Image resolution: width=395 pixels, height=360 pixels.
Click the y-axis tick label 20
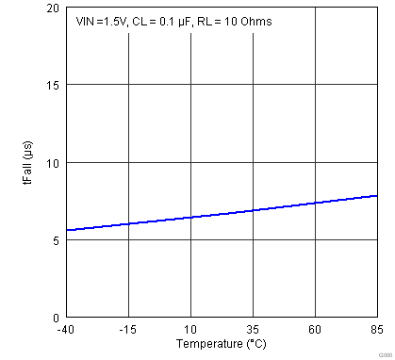pos(53,8)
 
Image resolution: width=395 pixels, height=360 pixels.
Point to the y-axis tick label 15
pos(53,85)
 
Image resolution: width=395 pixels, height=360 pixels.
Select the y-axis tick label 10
pos(53,163)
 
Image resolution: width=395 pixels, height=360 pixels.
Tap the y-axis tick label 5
pos(56,240)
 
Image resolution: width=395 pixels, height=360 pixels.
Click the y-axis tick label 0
pos(56,318)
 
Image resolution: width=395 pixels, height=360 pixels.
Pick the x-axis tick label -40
pos(65,330)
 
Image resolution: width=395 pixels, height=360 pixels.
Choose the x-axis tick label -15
pos(127,330)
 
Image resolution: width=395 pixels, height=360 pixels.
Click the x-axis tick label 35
pos(253,330)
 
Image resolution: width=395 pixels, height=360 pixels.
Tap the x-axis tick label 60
pos(315,330)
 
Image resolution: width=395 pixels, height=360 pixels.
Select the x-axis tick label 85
pos(376,330)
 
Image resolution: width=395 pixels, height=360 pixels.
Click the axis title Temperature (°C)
pos(222,346)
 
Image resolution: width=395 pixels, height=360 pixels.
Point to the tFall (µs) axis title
pos(28,162)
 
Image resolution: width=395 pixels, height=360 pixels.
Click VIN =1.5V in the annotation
pos(101,21)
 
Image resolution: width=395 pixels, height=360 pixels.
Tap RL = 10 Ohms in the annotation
pos(234,21)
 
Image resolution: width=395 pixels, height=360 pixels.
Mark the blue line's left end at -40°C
pos(66,230)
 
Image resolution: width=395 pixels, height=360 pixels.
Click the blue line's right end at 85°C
pos(377,196)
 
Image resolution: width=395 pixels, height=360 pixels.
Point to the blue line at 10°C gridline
pos(190,217)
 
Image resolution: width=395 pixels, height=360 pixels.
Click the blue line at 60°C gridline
pos(315,203)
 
